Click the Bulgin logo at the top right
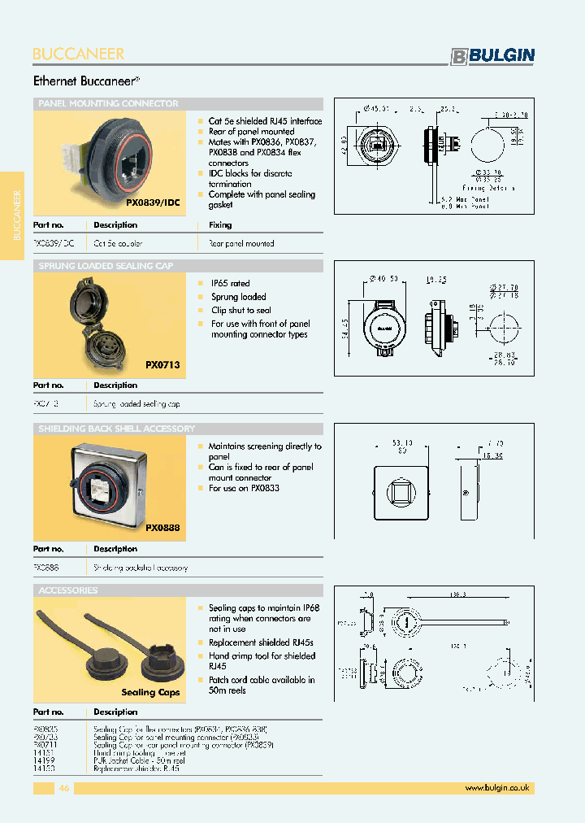tap(493, 55)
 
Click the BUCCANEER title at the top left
tap(79, 54)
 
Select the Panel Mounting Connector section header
tap(108, 104)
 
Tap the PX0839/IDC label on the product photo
tap(153, 201)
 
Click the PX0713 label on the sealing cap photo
tap(162, 365)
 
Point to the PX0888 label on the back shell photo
tap(162, 527)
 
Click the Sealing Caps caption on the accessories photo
tap(150, 692)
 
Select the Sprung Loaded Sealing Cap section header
tap(106, 266)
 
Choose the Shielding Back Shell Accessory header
tap(116, 429)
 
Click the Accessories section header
tap(68, 590)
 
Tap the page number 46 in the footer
tap(64, 787)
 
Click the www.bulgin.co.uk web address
tap(497, 787)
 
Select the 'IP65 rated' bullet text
tap(230, 284)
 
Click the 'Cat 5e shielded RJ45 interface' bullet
tap(265, 121)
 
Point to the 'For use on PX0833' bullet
tap(244, 489)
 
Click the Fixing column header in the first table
tap(219, 225)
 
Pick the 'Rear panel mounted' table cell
tap(241, 243)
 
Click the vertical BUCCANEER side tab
tap(16, 216)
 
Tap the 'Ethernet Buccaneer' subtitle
tap(86, 81)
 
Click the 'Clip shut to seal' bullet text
tap(241, 310)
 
